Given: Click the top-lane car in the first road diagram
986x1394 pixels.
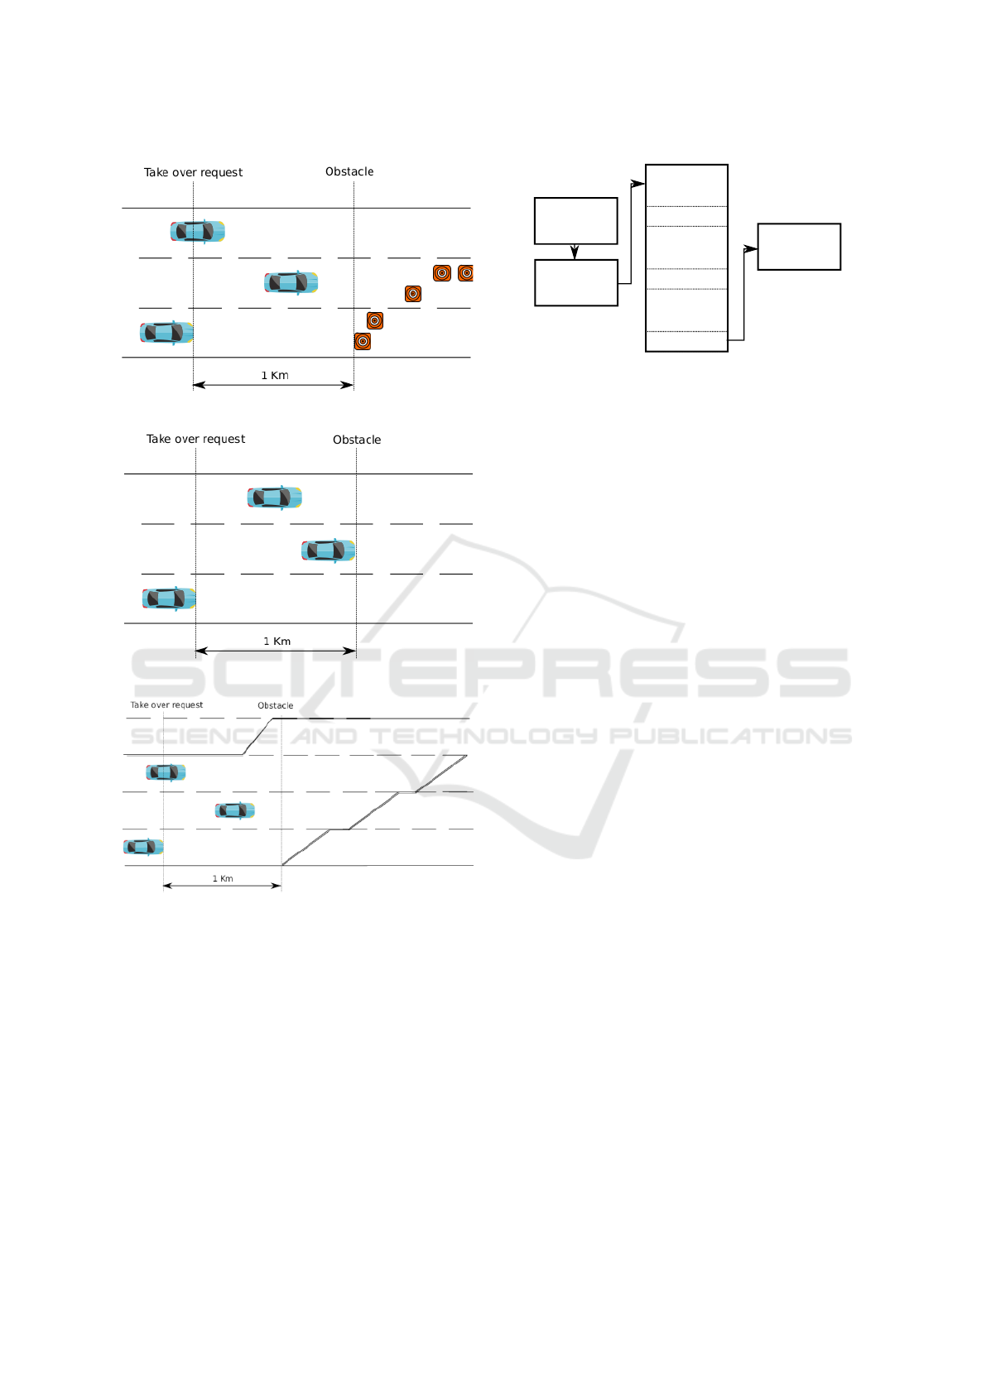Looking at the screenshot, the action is pos(197,232).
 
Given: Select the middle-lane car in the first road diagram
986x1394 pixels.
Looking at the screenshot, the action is pos(291,282).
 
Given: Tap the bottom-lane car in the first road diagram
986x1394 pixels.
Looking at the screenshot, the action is pos(167,333).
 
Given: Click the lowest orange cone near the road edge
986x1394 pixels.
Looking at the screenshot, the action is pos(363,341).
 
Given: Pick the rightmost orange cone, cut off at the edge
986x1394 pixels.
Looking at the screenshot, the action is pos(465,272).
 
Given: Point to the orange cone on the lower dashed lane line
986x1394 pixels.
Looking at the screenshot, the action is pos(375,320).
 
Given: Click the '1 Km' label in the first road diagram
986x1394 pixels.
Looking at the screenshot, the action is pos(275,375).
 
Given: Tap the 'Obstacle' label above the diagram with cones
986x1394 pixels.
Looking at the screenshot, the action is pos(349,171).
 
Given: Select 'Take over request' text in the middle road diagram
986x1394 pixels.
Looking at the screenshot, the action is pos(195,440).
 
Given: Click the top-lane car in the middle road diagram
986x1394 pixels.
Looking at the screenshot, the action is pos(275,498).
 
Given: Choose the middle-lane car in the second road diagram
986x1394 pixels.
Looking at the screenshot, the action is pos(328,550).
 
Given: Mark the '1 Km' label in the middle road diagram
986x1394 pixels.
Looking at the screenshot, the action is pos(277,641).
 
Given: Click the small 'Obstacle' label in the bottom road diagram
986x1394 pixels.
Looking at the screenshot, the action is pos(275,706).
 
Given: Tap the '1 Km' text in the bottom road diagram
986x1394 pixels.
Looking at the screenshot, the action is pos(223,879).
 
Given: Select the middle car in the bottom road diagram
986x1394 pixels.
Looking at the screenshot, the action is pos(234,810).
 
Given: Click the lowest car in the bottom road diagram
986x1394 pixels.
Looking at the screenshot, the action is pos(143,847).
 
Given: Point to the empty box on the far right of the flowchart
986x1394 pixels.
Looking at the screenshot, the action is pos(799,247).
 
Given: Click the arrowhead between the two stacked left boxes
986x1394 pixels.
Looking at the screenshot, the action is pos(575,252).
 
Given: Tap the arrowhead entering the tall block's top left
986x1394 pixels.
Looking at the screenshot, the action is pos(638,184).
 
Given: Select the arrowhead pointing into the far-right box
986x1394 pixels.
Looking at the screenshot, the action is pos(751,249).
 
